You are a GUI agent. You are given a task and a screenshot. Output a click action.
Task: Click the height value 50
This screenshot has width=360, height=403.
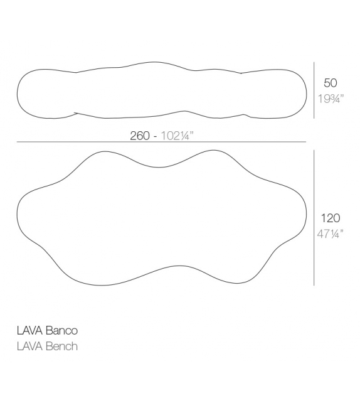331,83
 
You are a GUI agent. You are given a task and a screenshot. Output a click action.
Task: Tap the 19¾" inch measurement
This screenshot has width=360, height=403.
331,98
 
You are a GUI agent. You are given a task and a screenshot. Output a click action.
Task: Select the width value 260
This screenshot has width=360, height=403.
140,136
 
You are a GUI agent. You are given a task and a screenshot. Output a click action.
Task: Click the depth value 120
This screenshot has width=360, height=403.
331,218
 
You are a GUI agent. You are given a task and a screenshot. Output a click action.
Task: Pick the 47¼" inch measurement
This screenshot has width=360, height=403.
331,234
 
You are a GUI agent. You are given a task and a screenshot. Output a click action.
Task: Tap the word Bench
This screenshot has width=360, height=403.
62,346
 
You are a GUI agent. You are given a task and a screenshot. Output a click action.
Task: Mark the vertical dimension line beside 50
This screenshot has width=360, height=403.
314,90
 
